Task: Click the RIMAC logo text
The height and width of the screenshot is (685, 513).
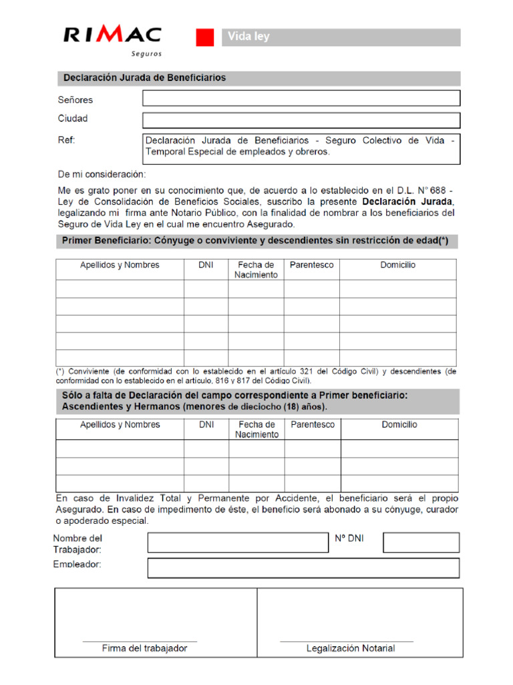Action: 112,35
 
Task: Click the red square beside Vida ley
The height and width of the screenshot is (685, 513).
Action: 204,37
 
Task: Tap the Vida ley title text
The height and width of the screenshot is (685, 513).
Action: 248,37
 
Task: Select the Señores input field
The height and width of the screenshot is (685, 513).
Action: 301,98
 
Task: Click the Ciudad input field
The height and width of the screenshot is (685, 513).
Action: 301,120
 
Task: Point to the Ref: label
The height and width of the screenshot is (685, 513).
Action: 67,140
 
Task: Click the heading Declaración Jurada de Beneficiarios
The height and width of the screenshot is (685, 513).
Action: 145,78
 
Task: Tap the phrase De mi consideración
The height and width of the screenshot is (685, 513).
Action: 102,175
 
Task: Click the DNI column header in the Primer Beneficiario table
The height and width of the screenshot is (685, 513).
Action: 206,265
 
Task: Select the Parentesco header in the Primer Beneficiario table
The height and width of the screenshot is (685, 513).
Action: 311,265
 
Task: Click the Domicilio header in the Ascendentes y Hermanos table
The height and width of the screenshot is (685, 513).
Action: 399,425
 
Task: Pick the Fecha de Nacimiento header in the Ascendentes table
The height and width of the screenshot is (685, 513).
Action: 256,429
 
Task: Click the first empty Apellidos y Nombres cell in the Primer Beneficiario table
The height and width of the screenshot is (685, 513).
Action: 120,288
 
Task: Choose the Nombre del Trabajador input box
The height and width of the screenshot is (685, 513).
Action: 237,543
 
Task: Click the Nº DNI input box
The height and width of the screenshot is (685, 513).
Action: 421,543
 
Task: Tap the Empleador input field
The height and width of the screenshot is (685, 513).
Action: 303,568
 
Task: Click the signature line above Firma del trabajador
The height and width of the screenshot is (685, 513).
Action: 140,641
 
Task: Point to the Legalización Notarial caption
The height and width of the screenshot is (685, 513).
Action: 350,648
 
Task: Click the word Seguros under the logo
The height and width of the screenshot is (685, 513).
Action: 146,54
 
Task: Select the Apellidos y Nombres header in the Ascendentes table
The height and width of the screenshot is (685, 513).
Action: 120,425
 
